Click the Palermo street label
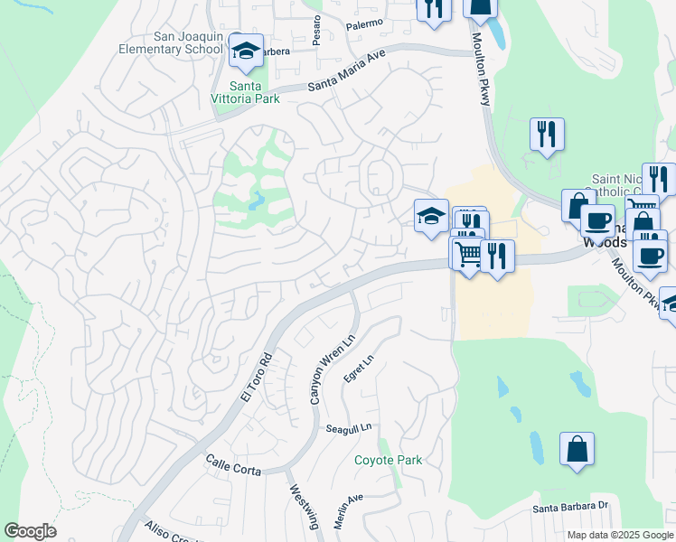point(365,23)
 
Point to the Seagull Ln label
point(349,428)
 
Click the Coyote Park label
point(389,460)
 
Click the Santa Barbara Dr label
point(572,508)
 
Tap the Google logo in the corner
point(30,531)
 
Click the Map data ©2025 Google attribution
point(620,535)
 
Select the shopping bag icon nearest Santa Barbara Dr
point(577,449)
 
